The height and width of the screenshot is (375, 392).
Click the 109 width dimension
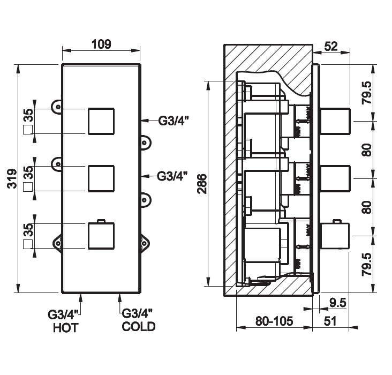click(x=101, y=44)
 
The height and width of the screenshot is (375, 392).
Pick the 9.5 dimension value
click(x=337, y=303)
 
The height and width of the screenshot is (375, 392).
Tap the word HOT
click(x=65, y=327)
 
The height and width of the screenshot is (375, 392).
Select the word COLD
click(x=139, y=326)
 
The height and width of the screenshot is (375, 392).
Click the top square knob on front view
click(x=101, y=121)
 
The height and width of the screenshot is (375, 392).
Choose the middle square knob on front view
click(x=101, y=179)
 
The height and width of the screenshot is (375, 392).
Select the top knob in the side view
click(x=335, y=120)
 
